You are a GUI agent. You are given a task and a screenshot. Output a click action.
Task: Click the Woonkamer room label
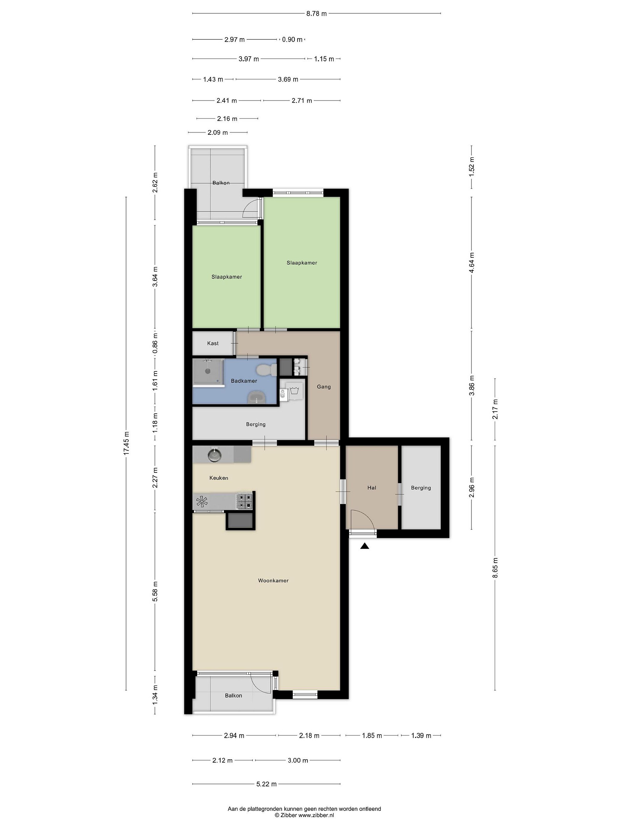tap(273, 580)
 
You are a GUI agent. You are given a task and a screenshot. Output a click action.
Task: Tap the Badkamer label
tap(244, 381)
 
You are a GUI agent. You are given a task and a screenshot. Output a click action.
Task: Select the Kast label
tap(213, 343)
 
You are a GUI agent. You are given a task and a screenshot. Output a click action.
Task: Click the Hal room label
tap(372, 488)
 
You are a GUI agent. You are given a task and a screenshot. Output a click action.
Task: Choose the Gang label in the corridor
tap(324, 387)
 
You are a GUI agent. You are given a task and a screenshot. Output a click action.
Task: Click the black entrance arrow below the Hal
tap(365, 546)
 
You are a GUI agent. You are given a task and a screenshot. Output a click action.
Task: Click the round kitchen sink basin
tap(215, 455)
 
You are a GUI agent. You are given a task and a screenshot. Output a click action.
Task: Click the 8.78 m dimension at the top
tap(316, 14)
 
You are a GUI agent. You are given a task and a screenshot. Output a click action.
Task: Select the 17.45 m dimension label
tap(126, 443)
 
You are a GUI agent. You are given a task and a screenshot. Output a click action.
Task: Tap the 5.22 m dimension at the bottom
tap(267, 784)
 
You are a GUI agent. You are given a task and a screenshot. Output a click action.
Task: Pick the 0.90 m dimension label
tap(292, 39)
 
